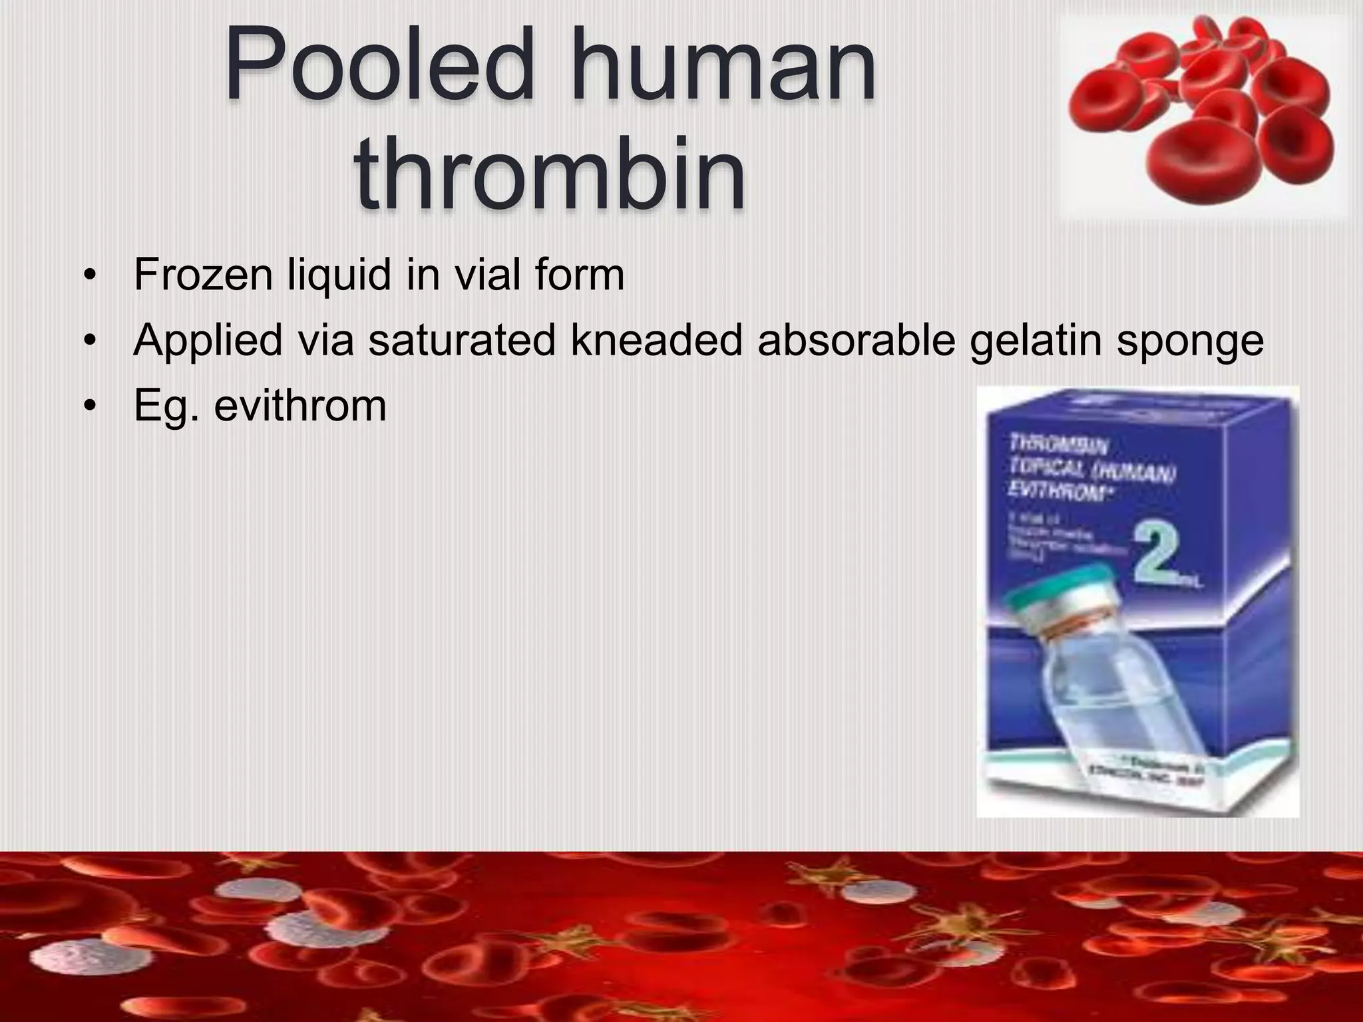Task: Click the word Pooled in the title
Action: (x=379, y=67)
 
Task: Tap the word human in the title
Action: (x=722, y=67)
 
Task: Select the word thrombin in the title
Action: (x=550, y=172)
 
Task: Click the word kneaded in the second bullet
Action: (x=656, y=340)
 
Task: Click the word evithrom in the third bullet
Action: (x=299, y=405)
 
